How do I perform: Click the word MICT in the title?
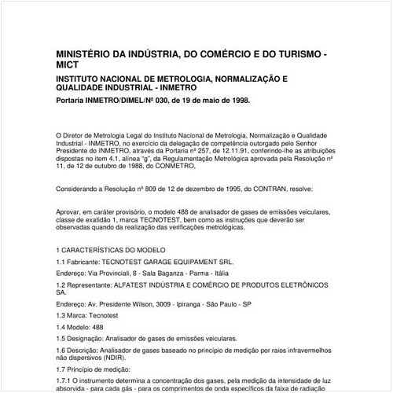[69, 67]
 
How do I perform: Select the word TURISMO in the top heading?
[296, 54]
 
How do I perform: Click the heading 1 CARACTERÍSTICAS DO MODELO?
[113, 249]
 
